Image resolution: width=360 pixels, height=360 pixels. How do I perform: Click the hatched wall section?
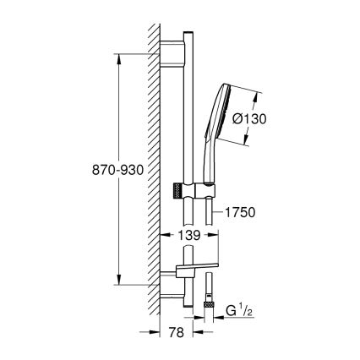coord(154,169)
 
